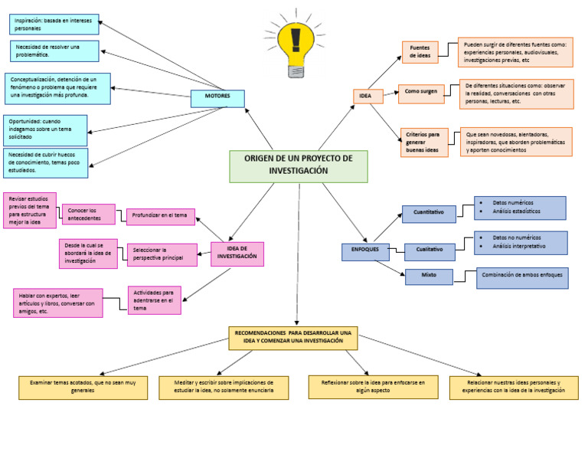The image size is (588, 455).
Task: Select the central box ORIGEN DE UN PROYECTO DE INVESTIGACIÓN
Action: coord(299,166)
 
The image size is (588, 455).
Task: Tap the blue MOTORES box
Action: coord(217,98)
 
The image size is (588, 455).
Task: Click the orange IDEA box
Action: coord(367,96)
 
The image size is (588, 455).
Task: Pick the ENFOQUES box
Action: coord(365,251)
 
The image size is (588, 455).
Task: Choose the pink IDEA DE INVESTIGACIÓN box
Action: coord(237,253)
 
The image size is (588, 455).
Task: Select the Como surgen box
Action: coord(421,93)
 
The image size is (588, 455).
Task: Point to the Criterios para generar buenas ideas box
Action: coord(425,142)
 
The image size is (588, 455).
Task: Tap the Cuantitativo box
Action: coord(429,213)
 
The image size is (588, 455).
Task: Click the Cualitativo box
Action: coord(430,250)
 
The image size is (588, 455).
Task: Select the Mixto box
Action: coord(429,277)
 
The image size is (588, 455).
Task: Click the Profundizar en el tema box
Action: coord(160,217)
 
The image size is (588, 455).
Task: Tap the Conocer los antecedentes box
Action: coord(88,214)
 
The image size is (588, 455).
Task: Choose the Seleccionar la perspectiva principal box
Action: coord(162,255)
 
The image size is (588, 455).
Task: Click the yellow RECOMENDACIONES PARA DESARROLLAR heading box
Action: coord(293,338)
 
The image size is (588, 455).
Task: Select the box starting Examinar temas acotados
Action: coord(83,387)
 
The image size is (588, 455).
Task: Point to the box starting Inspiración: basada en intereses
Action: coord(54,25)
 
